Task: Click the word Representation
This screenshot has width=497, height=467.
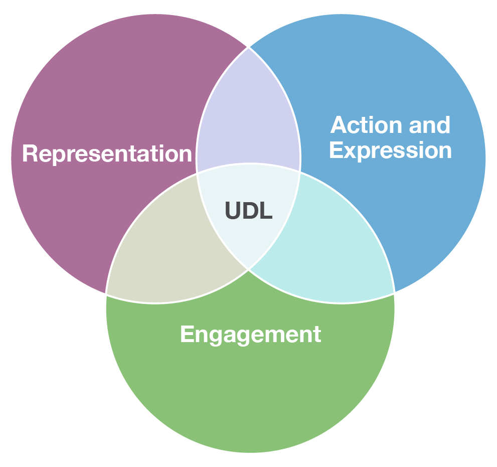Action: click(x=107, y=153)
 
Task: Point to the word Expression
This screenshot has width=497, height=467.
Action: click(x=390, y=150)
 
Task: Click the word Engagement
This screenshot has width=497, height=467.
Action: click(x=250, y=334)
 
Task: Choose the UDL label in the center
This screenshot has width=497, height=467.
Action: click(x=249, y=211)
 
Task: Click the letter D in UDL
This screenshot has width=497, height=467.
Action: click(x=249, y=211)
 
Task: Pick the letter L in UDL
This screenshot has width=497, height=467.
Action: click(x=265, y=211)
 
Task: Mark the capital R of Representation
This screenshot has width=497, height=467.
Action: click(x=30, y=153)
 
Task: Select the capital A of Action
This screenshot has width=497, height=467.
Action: click(x=340, y=125)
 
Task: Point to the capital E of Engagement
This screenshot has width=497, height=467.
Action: click(x=187, y=334)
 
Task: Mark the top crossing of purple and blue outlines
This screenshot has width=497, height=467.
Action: click(x=249, y=47)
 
